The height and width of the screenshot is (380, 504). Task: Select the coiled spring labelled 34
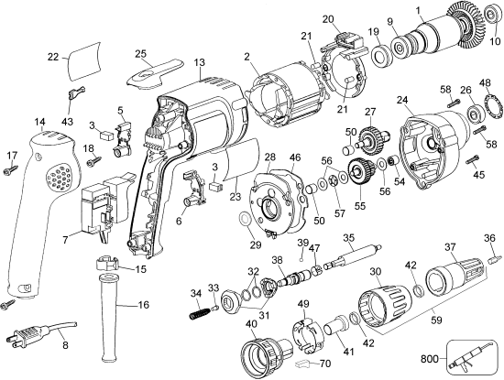[x=197, y=311]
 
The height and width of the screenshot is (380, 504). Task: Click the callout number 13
[x=199, y=61]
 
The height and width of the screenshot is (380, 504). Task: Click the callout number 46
[x=295, y=158]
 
